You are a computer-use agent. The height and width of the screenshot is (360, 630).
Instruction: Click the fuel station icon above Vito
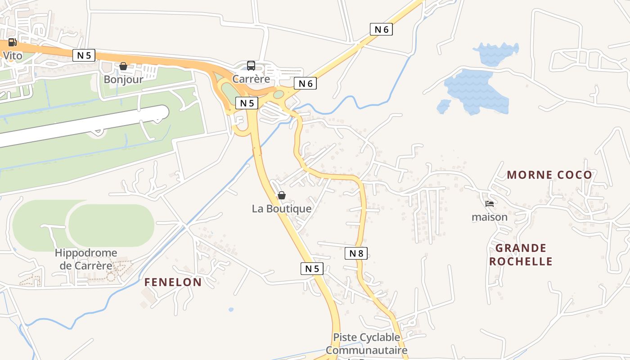coord(12,43)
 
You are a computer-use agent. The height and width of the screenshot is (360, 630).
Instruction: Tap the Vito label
coord(13,56)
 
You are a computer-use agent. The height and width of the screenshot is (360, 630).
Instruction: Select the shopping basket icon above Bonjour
coord(123,67)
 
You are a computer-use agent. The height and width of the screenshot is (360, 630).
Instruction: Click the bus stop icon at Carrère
coord(251,66)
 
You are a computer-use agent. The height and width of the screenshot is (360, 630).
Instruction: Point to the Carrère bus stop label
coord(251,79)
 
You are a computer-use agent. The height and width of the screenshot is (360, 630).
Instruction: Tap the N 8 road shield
coord(356,253)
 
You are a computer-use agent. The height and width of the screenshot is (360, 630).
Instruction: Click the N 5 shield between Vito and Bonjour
coord(84,55)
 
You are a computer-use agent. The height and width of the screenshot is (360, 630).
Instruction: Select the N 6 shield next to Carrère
coord(305,83)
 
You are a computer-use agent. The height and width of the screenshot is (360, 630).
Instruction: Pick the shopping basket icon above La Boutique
coord(282,195)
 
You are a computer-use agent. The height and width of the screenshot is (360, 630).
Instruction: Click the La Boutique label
coord(282,209)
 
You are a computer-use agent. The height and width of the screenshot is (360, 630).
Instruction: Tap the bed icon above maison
coord(490,204)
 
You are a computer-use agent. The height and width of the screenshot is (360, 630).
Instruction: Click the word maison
coord(490,217)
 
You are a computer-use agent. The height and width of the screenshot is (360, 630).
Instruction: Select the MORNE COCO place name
coord(549,175)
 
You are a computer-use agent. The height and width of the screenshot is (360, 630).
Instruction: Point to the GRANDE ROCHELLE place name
coord(521,255)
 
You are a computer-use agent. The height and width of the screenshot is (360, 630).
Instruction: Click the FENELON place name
coord(173,282)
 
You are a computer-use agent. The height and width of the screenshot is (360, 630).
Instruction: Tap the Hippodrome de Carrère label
coord(86,259)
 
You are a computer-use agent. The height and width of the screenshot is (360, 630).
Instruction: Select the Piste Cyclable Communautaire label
coord(366,344)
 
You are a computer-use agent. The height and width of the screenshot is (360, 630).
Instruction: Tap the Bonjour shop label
coord(123,80)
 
